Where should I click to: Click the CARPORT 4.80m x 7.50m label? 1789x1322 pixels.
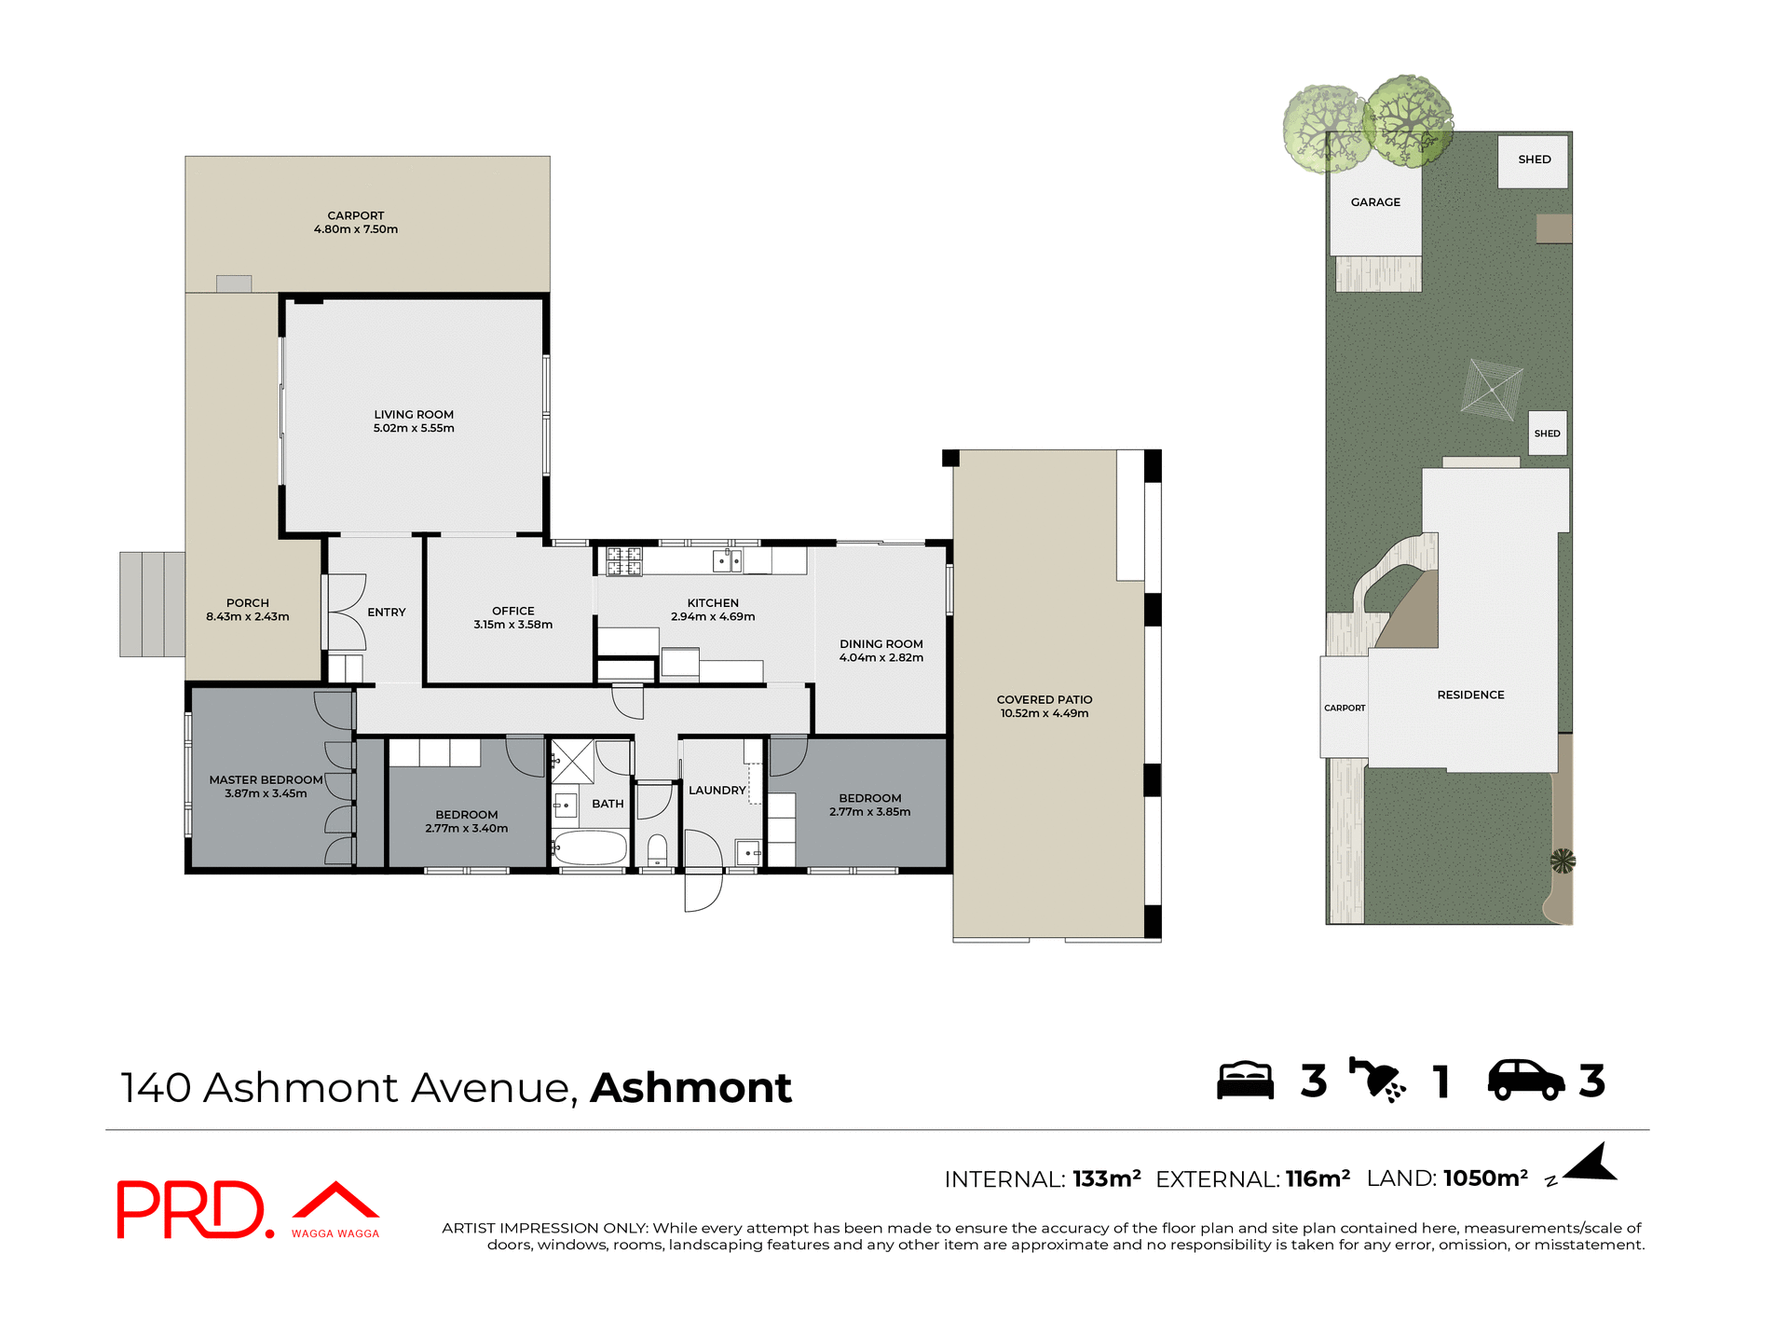pos(355,222)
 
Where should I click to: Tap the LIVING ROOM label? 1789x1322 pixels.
pos(414,421)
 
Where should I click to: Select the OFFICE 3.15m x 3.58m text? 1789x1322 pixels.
pos(512,618)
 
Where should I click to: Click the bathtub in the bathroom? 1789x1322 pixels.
pos(590,848)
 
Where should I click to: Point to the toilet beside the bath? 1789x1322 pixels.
pos(657,849)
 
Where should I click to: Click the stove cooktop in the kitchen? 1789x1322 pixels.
pos(624,561)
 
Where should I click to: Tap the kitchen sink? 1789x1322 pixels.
pos(727,561)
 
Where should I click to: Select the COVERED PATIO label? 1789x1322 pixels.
pos(1044,707)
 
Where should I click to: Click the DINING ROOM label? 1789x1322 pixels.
pos(881,651)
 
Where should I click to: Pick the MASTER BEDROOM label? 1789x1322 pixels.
pos(266,786)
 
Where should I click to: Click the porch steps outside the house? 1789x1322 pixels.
pos(152,604)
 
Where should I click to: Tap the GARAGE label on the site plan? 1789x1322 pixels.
pos(1375,202)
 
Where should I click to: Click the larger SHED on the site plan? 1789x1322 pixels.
pos(1534,160)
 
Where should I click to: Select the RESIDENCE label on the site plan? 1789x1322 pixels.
pos(1470,695)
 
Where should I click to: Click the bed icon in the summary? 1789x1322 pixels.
pos(1245,1081)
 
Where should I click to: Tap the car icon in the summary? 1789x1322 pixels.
pos(1525,1081)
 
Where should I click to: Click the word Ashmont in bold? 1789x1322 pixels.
pos(690,1088)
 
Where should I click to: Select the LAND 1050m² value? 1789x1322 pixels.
pos(1484,1178)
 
